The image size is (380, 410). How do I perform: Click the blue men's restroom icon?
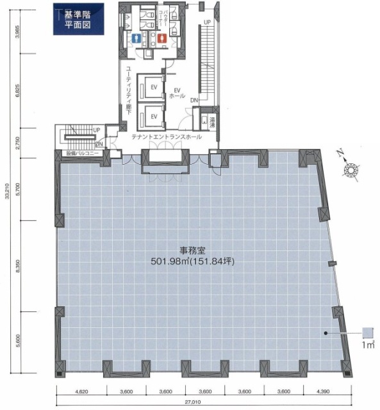pyautogui.click(x=135, y=38)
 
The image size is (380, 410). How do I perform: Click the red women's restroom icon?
pyautogui.click(x=161, y=38)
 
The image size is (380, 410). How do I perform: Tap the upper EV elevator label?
pyautogui.click(x=153, y=85)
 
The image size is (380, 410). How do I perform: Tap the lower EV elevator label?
pyautogui.click(x=153, y=116)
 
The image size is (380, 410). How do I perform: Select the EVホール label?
pyautogui.click(x=177, y=92)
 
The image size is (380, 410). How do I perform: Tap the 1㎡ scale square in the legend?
pyautogui.click(x=367, y=332)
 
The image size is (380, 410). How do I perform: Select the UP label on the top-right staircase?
pyautogui.click(x=207, y=23)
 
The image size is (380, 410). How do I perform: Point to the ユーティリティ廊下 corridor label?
pyautogui.click(x=129, y=90)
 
